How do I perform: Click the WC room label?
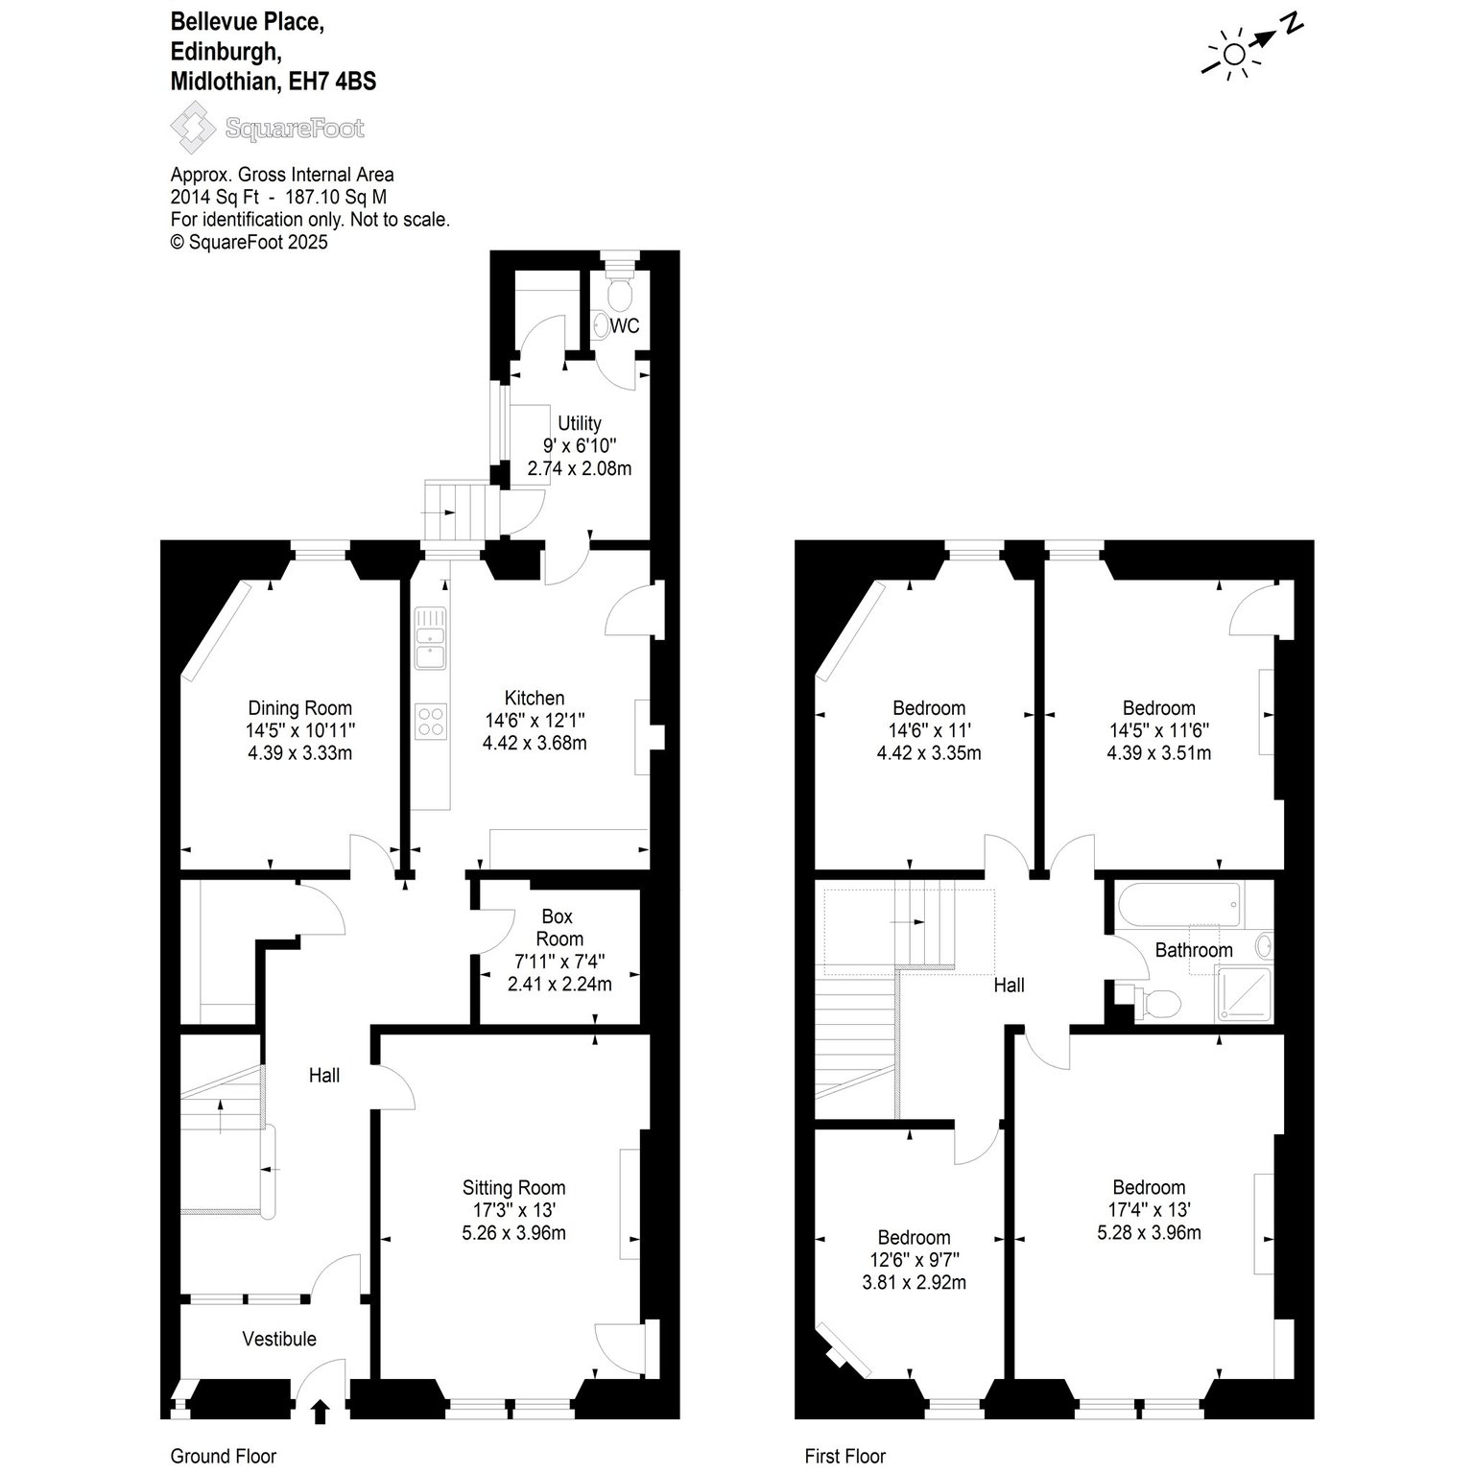pos(625,326)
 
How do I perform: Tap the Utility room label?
pos(580,423)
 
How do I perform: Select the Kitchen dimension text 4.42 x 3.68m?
pos(535,743)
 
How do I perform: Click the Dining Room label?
pos(300,708)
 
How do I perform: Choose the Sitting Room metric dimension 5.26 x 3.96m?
pos(514,1233)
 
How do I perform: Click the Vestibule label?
pos(279,1339)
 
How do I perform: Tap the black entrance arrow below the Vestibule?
pos(321,1411)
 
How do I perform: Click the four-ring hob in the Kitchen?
pos(431,720)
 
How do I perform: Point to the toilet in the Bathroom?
pos(1158,1003)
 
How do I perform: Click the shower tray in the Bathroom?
pos(1243,993)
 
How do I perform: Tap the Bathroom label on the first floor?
pos(1194,950)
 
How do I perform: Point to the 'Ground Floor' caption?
pos(224,1456)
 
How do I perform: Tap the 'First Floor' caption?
pos(845,1456)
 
